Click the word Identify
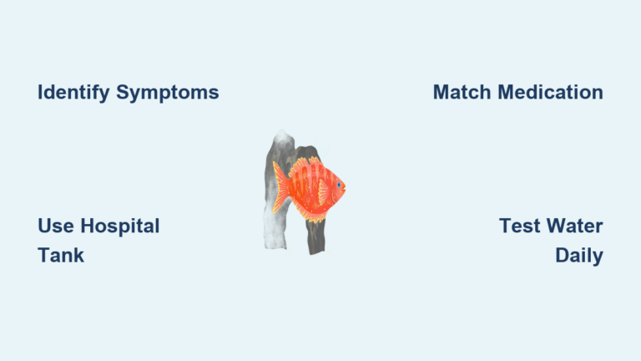[73, 93]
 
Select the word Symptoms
[167, 93]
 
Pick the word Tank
[61, 256]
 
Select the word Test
[517, 226]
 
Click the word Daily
[579, 256]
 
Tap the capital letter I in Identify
[40, 93]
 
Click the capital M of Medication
[509, 93]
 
